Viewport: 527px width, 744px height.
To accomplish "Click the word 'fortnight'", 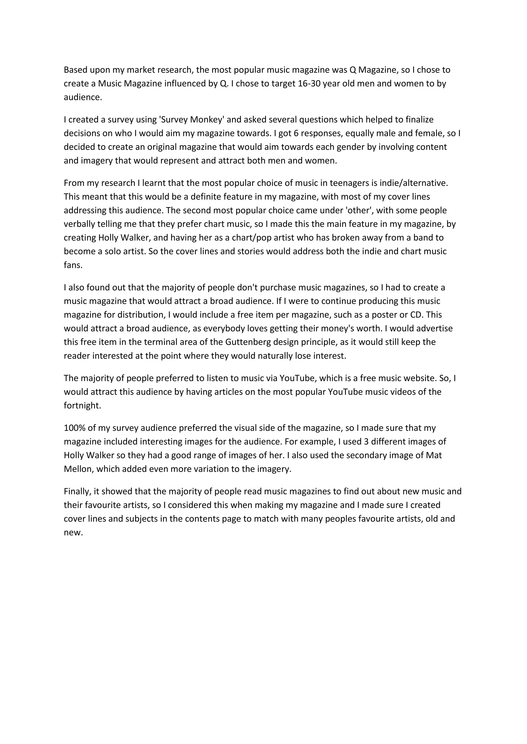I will [x=82, y=406].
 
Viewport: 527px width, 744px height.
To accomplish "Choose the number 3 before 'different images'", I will [x=366, y=442].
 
